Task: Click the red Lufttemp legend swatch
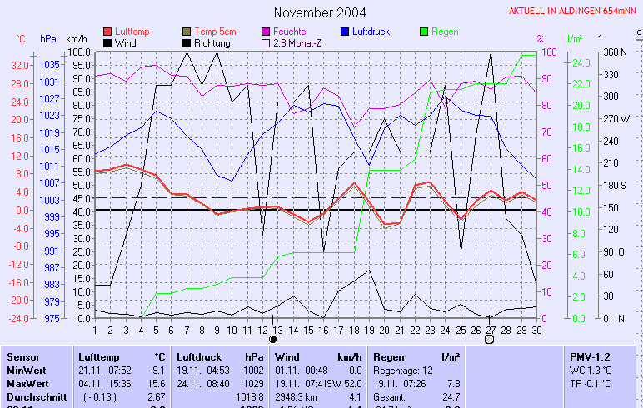[x=107, y=32]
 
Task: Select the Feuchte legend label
[x=289, y=32]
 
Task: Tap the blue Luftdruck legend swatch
[x=346, y=32]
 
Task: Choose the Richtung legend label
[x=212, y=42]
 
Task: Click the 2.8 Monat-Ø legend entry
[x=297, y=42]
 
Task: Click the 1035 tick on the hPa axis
[x=49, y=65]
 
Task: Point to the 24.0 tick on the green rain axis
[x=580, y=62]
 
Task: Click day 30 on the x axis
[x=536, y=330]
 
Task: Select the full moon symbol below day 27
[x=490, y=339]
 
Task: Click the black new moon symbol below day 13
[x=273, y=339]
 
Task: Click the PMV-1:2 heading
[x=589, y=356]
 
